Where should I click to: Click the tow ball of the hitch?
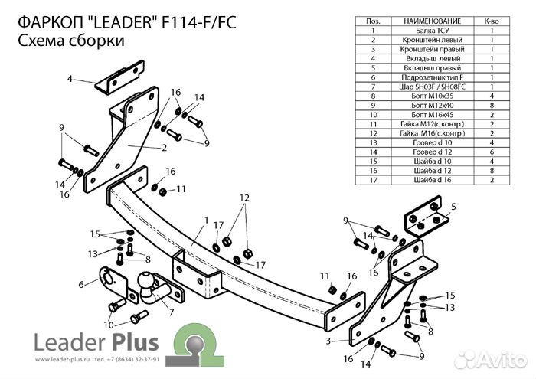145,285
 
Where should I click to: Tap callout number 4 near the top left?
69,79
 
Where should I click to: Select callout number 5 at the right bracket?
453,207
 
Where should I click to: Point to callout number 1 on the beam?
206,220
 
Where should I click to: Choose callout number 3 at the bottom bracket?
328,341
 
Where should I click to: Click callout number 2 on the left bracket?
164,148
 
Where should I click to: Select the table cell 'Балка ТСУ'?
426,31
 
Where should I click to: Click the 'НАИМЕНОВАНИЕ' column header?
426,22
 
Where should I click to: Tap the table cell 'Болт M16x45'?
426,114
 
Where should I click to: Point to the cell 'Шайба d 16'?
426,179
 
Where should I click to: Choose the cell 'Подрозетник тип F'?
426,77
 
